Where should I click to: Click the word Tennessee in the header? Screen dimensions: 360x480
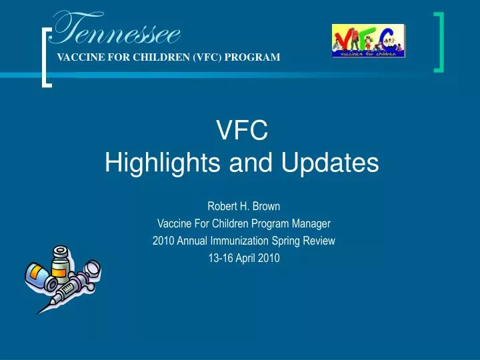click(x=117, y=30)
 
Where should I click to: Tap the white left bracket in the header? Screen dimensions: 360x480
click(x=47, y=57)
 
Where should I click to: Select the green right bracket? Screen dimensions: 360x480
click(x=440, y=41)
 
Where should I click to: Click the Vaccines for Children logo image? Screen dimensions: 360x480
click(x=369, y=41)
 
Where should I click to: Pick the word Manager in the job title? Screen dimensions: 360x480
click(x=313, y=223)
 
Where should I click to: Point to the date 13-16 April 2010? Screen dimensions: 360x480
click(x=243, y=259)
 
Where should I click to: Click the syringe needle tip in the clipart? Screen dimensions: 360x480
click(x=40, y=311)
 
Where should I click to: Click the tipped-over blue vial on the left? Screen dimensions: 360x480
click(x=38, y=273)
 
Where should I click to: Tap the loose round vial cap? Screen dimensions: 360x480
click(x=93, y=268)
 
